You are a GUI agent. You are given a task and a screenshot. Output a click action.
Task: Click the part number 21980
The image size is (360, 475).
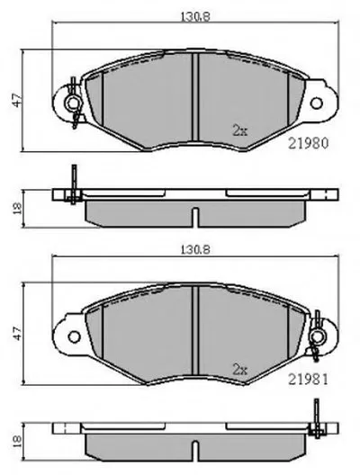(308, 143)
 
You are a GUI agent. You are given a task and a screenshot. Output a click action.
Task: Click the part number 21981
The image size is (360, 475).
(308, 379)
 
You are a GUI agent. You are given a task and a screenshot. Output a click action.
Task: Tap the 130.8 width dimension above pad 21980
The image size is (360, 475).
(195, 16)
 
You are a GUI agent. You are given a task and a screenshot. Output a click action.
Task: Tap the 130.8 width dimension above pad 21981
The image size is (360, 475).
(195, 250)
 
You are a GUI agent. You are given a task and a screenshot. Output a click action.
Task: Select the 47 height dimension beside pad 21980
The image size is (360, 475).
(17, 100)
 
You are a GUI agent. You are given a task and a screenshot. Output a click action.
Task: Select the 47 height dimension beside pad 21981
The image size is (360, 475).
(17, 333)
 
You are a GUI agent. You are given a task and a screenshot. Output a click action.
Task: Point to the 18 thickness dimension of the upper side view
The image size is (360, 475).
(17, 209)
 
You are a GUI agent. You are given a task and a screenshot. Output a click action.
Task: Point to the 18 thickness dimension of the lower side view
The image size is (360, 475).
(17, 442)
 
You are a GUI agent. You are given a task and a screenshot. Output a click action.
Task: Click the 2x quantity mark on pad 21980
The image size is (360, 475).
(239, 130)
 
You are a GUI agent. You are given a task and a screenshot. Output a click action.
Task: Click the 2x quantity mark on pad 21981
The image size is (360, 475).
(239, 370)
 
